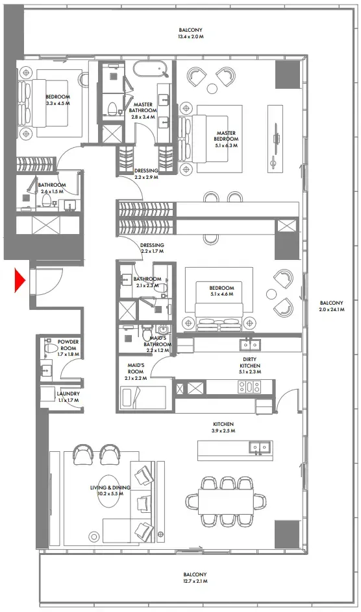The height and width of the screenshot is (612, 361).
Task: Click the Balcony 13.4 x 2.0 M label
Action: pos(192,33)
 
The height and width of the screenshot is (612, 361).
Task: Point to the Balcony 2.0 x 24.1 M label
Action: pos(331,307)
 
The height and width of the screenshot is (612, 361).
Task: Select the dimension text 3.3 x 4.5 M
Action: pos(58,103)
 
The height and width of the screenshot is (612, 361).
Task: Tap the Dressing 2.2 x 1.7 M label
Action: pos(152,248)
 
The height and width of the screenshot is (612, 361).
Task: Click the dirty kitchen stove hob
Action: pos(247,387)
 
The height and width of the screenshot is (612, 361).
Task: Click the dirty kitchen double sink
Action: pos(249,344)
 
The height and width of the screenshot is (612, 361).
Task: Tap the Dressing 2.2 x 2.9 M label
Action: pos(146,174)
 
